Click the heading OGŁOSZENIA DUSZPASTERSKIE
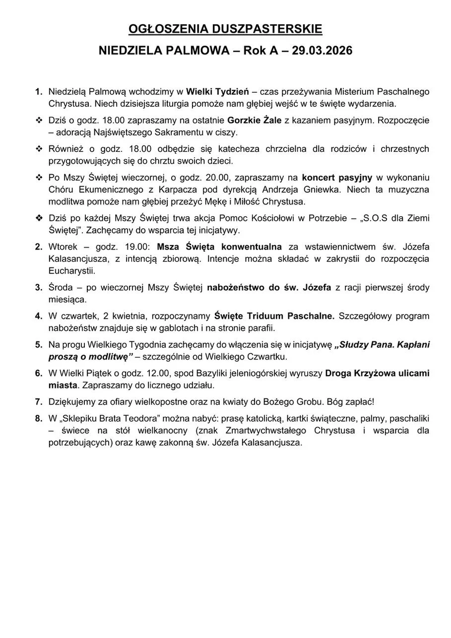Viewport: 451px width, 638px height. tap(225, 30)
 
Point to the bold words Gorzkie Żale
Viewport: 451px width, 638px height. tap(255, 121)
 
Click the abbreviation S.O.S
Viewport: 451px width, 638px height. tap(360, 218)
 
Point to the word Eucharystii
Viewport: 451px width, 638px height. tap(71, 271)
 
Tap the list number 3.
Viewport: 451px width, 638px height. tap(38, 287)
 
